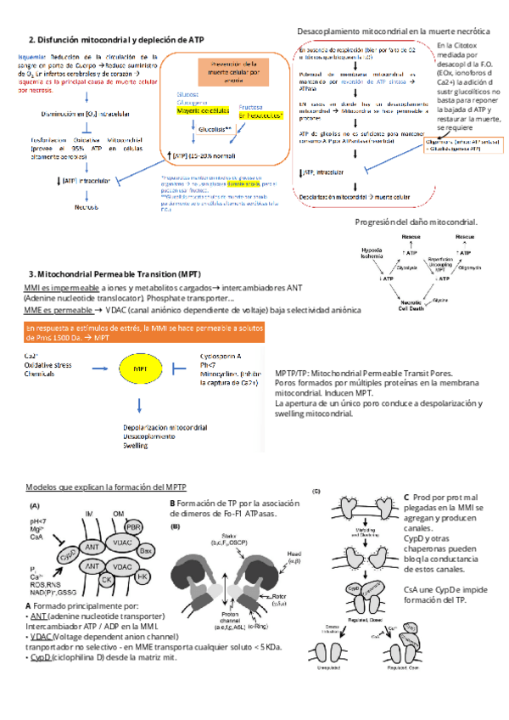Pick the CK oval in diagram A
[x=108, y=579]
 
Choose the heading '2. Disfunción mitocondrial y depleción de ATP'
[x=116, y=39]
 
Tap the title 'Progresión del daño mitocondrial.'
[x=417, y=222]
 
